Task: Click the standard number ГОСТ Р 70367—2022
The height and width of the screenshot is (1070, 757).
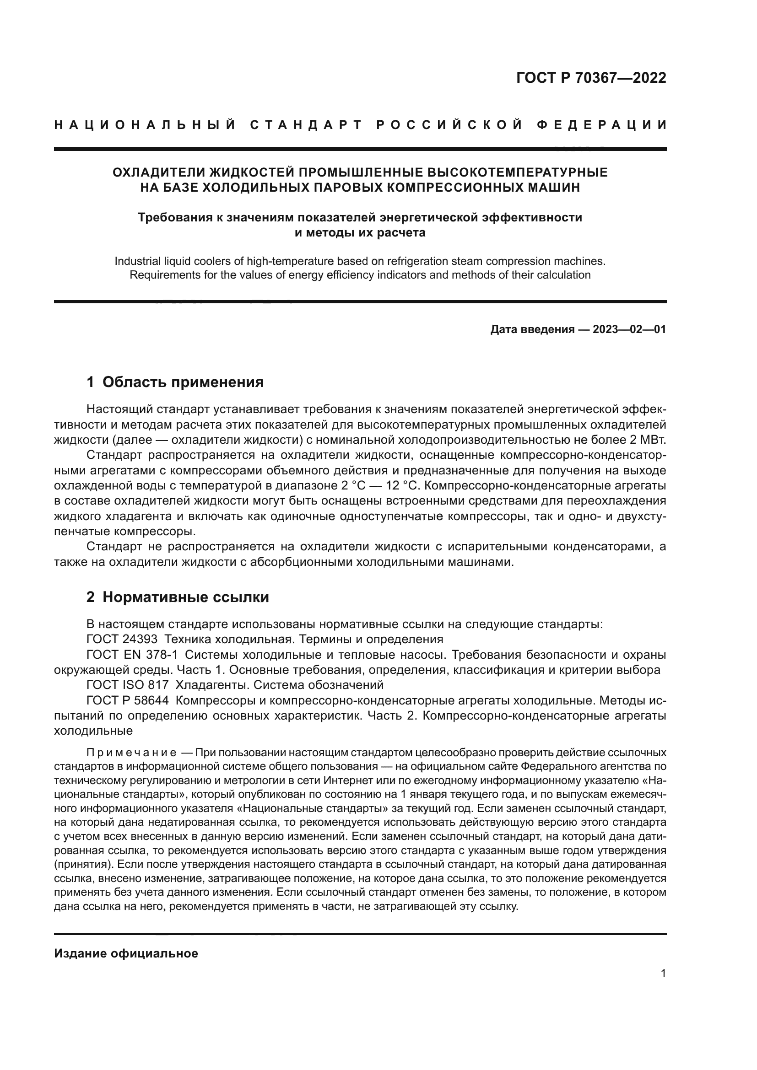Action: (590, 78)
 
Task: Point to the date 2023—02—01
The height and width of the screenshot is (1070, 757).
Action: (629, 329)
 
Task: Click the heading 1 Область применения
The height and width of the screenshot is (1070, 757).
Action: (175, 382)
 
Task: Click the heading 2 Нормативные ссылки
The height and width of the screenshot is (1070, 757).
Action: (178, 597)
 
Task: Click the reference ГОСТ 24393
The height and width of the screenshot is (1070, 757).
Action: (122, 639)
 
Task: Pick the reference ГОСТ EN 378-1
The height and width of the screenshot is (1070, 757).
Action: (132, 654)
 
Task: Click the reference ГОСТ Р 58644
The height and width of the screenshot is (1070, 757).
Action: (127, 700)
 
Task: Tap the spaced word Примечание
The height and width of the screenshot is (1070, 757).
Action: (131, 740)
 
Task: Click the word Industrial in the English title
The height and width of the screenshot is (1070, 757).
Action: (135, 261)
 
